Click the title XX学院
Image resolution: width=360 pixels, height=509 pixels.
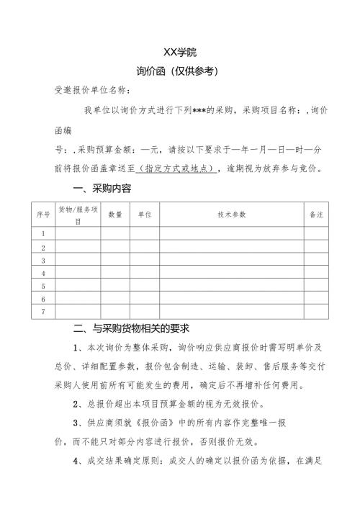coord(180,53)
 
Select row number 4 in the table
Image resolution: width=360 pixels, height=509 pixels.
coord(43,274)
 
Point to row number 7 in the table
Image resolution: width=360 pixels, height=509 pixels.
coord(43,312)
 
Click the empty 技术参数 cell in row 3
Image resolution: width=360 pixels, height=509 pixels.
coord(232,261)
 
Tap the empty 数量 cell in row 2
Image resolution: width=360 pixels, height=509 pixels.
coord(115,248)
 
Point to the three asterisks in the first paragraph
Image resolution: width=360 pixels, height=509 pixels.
coord(192,111)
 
